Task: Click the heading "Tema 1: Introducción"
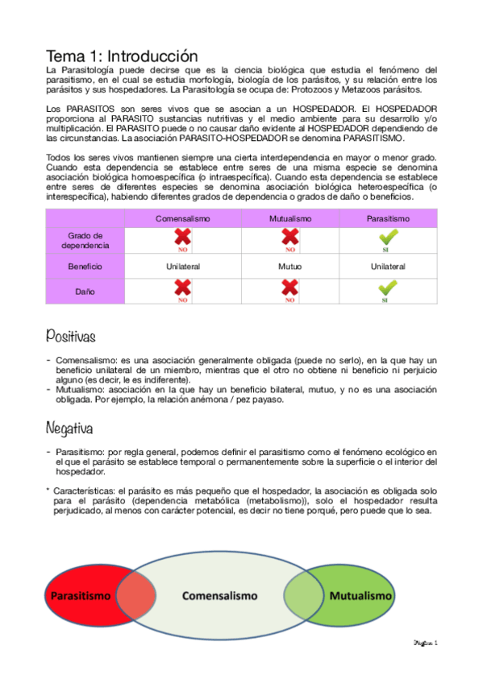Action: point(121,56)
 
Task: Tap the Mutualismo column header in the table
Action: point(289,219)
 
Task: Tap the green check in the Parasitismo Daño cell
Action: point(388,288)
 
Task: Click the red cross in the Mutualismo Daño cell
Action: point(289,288)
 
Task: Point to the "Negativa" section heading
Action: point(69,427)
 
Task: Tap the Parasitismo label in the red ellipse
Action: point(81,597)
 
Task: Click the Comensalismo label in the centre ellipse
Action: point(219,597)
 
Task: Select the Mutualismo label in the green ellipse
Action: point(360,597)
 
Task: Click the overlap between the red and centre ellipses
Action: point(135,598)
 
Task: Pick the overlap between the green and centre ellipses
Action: point(302,598)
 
